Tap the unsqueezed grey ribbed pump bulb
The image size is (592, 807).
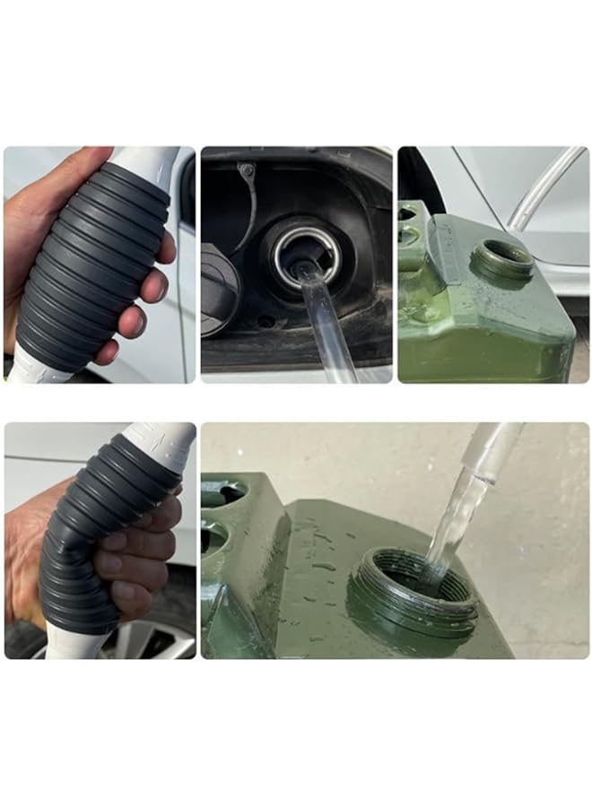[x=94, y=265]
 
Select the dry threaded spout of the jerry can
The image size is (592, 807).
[x=502, y=260]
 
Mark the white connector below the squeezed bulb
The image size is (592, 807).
[x=76, y=644]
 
